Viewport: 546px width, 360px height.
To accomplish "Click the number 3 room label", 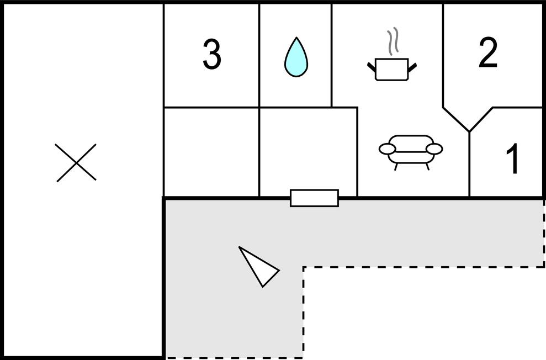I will click(x=212, y=55).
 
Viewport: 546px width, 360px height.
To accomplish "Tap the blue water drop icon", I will click(x=296, y=57).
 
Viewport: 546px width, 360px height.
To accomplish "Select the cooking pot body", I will click(x=391, y=70).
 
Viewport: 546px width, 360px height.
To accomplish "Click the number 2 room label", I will click(x=487, y=54).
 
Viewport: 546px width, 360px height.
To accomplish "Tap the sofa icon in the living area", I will click(x=411, y=150).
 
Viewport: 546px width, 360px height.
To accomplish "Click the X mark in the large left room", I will click(x=76, y=162).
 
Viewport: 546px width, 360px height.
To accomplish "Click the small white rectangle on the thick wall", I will click(x=314, y=198).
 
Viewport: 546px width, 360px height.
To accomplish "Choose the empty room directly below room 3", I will click(x=211, y=152).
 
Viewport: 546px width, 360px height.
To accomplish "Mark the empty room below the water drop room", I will click(x=308, y=149).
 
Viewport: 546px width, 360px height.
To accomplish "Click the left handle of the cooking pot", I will click(x=371, y=67).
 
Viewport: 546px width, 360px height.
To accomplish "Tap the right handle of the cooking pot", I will click(x=412, y=67).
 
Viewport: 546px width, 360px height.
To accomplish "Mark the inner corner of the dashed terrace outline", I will click(x=303, y=268).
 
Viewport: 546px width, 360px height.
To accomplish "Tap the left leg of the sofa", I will click(x=396, y=166).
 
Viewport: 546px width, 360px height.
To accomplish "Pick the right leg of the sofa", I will click(x=427, y=166).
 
